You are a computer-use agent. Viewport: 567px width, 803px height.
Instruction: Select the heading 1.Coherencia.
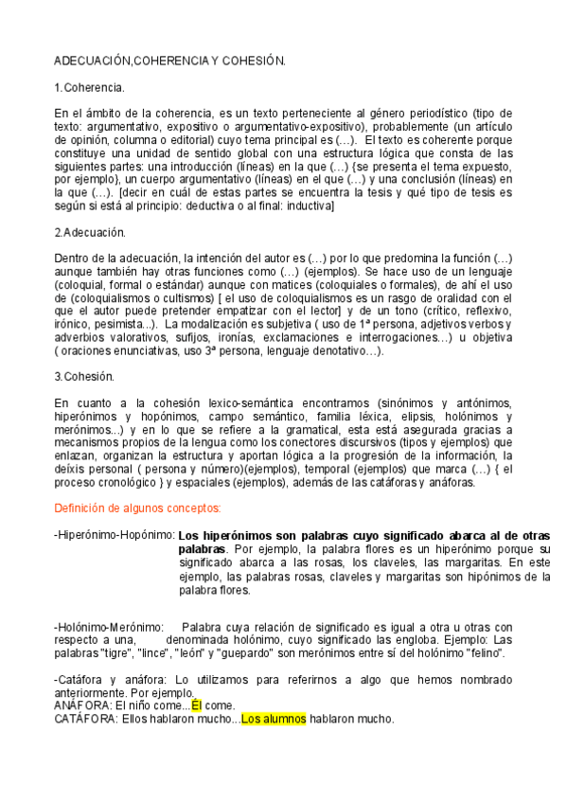click(90, 87)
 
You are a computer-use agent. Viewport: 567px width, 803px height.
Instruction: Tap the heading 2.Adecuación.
click(90, 232)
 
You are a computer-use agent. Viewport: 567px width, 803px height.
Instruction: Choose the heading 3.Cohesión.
click(84, 376)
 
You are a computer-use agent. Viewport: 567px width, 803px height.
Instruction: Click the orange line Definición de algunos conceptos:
click(136, 508)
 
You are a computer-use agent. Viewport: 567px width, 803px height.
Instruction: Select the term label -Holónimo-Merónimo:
click(109, 627)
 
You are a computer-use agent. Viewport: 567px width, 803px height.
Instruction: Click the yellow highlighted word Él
click(197, 705)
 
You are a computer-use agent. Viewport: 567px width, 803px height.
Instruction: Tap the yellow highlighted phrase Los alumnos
click(274, 719)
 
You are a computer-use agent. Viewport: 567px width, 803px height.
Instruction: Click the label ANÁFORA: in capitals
click(81, 705)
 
